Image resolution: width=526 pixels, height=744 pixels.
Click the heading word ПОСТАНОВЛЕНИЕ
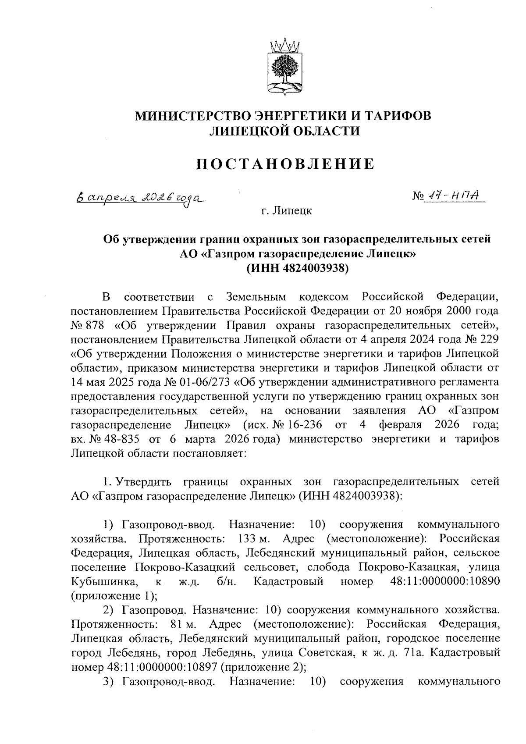point(284,164)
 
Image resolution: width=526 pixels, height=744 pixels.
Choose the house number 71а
point(414,653)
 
